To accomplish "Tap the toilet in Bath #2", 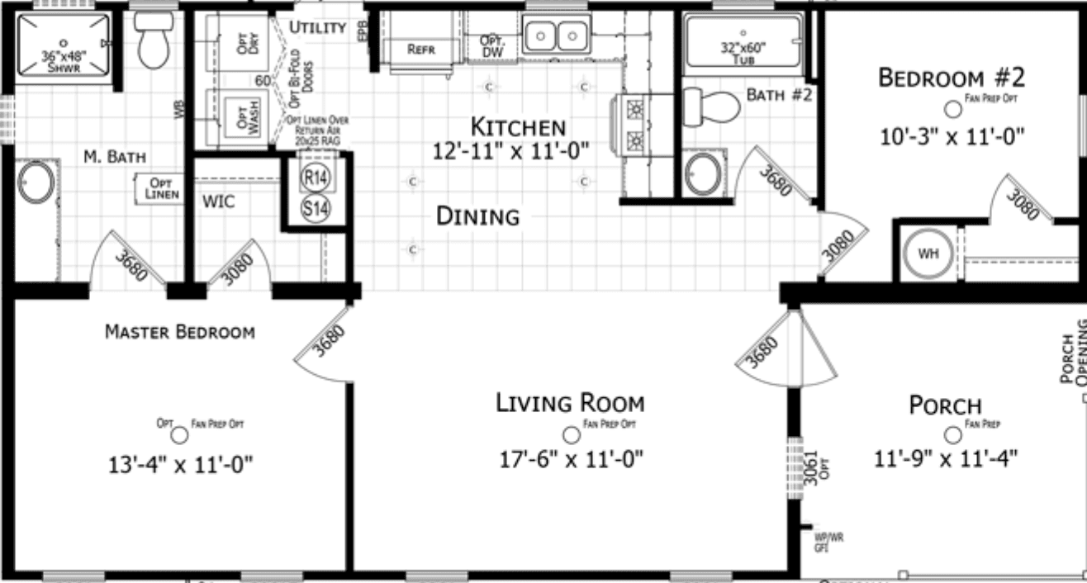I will pos(711,107).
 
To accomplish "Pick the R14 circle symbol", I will pos(314,178).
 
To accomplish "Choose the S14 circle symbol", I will pos(314,209).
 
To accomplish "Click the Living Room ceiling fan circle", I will pos(570,434).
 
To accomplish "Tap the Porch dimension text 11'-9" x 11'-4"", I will pos(946,457).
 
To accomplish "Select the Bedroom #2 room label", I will pos(951,78).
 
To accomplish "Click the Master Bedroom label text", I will pos(180,332).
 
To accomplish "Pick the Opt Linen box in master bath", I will pos(159,187).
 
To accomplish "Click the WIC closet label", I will pos(218,201).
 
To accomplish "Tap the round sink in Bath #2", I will pos(703,174).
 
